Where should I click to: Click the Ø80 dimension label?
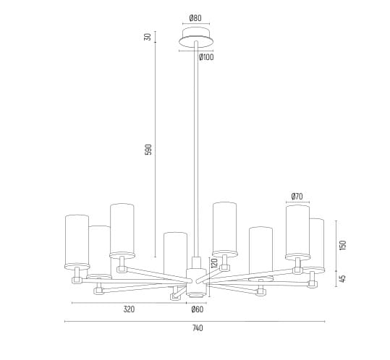195,18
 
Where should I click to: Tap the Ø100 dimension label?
206,57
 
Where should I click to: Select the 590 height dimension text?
148,150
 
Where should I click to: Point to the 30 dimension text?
148,37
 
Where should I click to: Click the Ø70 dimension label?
297,197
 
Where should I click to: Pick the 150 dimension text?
343,245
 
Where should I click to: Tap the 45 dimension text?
343,278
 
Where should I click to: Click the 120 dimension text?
214,264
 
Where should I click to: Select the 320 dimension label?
129,309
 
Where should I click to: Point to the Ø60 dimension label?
198,309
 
